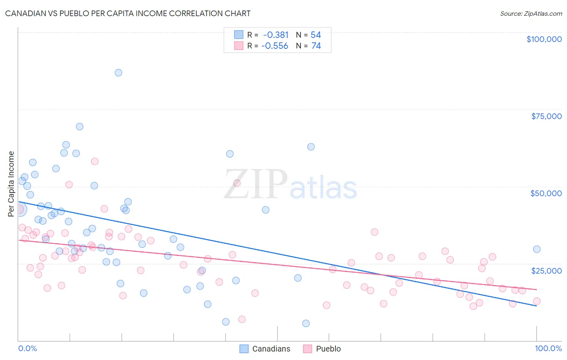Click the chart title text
pos(128,13)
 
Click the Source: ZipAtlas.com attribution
pos(531,13)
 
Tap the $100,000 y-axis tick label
pos(544,39)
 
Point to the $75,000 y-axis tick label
pos(546,116)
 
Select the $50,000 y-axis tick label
pos(546,193)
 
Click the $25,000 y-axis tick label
pos(546,270)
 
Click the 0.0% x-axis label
pos(27,348)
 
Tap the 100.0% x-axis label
pos(548,348)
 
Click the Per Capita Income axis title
pos(11,184)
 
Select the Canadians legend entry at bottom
pos(265,349)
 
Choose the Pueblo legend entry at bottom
pos(322,349)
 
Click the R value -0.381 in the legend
pos(276,35)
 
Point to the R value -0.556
pos(275,46)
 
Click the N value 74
pos(316,46)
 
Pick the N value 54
pos(316,35)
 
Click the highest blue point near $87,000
pos(118,73)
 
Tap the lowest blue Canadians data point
pos(306,323)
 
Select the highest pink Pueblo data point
pos(95,161)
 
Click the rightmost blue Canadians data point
pos(537,249)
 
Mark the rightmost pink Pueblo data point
pos(537,301)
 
